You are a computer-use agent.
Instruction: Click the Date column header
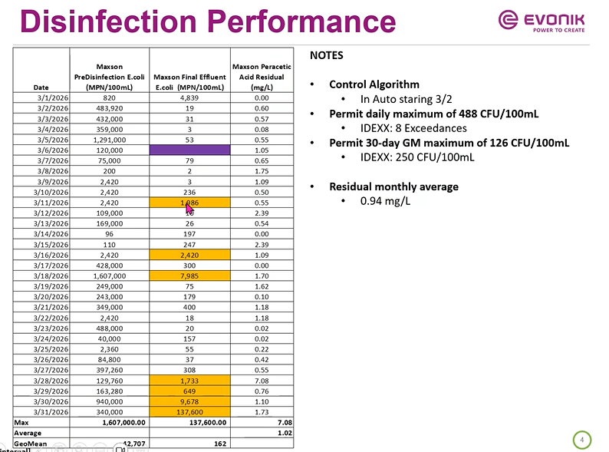pyautogui.click(x=42, y=87)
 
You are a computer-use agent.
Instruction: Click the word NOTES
pyautogui.click(x=326, y=55)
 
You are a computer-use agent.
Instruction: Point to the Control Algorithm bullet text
pyautogui.click(x=374, y=84)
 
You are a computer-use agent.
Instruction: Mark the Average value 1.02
pyautogui.click(x=283, y=432)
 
